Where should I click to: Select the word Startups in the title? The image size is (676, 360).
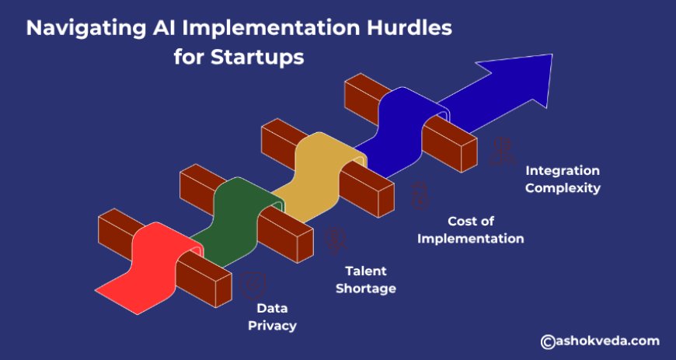(257, 58)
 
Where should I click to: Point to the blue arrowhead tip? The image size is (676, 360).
(552, 54)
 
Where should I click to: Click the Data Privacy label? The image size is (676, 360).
(272, 317)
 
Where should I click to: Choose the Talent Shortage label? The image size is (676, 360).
(366, 280)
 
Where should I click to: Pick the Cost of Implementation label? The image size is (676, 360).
(470, 229)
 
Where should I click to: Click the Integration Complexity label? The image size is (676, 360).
(563, 180)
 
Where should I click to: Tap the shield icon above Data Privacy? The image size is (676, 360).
(253, 285)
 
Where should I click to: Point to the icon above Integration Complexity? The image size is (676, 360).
(502, 151)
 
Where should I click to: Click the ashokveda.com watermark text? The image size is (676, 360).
(607, 341)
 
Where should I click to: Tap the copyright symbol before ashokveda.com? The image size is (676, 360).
(548, 341)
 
